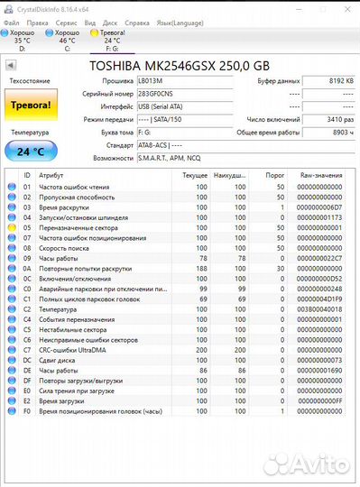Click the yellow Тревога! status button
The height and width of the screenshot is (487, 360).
tap(30, 106)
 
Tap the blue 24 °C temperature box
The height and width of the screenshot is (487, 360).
tap(30, 151)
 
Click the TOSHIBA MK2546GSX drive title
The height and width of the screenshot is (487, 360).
tap(180, 66)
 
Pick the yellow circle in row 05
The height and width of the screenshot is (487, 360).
tap(12, 228)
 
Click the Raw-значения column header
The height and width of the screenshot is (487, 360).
tap(320, 175)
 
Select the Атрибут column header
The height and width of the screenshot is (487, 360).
tap(52, 175)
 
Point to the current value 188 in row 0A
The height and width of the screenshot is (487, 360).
tap(201, 268)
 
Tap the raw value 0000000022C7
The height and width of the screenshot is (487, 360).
tap(320, 258)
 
